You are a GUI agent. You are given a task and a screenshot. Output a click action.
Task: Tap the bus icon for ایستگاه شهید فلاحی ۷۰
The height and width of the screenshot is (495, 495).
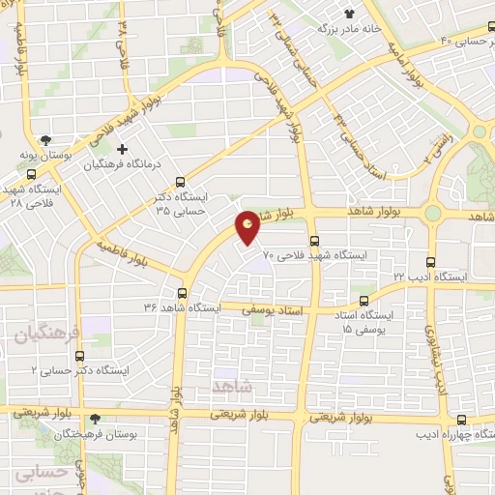click(x=314, y=241)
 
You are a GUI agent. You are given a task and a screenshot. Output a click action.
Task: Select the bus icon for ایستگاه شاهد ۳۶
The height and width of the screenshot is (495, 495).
click(x=182, y=293)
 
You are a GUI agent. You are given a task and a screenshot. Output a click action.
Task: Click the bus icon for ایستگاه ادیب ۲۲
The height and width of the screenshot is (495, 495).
click(x=430, y=260)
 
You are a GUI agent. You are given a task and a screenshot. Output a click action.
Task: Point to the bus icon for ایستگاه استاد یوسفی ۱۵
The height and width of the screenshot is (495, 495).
click(x=364, y=301)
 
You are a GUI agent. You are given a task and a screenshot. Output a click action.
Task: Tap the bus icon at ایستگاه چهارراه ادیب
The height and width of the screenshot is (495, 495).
click(x=461, y=420)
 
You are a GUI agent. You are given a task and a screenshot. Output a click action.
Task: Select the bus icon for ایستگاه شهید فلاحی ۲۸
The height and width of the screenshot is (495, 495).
click(x=32, y=175)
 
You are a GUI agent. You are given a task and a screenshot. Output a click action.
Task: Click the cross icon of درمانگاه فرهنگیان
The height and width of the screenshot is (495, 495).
click(x=121, y=150)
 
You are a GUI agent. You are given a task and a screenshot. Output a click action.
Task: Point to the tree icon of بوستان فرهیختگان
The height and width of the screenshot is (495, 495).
click(x=95, y=420)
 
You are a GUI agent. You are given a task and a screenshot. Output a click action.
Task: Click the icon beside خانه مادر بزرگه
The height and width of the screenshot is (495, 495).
click(x=349, y=14)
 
